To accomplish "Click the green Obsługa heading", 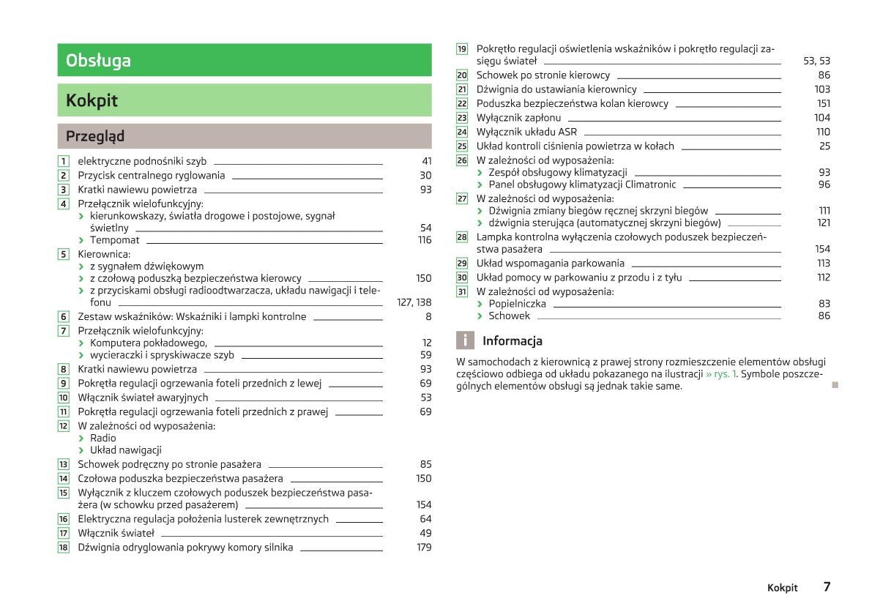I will coord(98,60).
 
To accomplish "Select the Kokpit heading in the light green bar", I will coord(92,100).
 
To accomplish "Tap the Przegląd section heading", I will coord(95,136).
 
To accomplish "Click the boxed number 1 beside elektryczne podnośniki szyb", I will coord(63,161).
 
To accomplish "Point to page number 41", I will coord(426,161).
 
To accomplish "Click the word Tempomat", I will coord(114,240).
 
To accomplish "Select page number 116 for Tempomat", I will coord(425,240).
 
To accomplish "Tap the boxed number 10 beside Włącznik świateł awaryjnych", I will coord(63,398).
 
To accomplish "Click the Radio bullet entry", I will coord(103,438).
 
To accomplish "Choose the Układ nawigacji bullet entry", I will coord(125,450).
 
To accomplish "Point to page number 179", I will coord(424,547).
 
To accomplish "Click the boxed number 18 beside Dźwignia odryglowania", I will coord(63,547).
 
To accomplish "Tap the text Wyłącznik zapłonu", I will coord(518,117).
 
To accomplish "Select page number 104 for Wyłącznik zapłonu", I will coord(822,117).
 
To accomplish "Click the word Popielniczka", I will coord(517,303).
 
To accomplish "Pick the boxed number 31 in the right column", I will coord(462,291).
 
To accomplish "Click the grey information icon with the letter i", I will coord(464,340).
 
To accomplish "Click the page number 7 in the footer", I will coord(827,586).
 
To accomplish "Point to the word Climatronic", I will coord(650,184).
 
